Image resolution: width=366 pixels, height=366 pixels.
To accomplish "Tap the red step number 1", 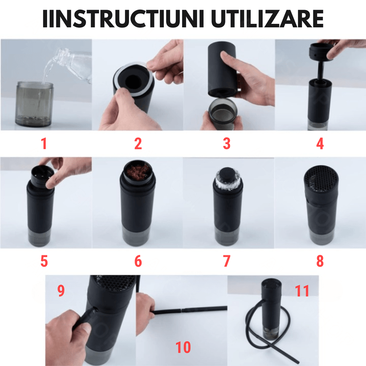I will [44, 144].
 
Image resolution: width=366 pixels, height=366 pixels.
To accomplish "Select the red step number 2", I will [138, 144].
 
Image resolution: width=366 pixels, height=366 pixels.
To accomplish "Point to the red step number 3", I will [226, 144].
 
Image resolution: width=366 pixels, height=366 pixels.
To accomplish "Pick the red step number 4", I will [320, 144].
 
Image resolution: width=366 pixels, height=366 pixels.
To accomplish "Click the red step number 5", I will [44, 261].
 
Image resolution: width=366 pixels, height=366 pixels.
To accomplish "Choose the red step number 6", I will [138, 261].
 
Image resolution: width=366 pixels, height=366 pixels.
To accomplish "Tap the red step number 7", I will [226, 261].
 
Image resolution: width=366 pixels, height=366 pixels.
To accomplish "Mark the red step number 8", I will [320, 261].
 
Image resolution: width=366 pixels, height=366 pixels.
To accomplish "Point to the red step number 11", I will [302, 291].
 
